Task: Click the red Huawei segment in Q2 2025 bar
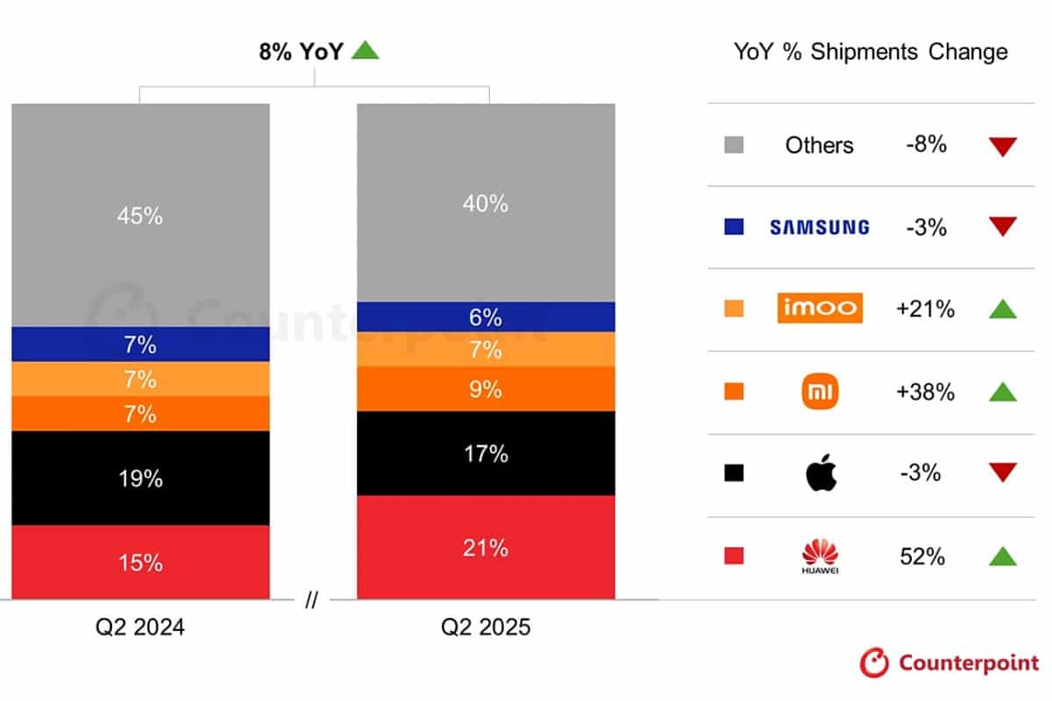click(x=485, y=548)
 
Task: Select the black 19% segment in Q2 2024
click(x=140, y=478)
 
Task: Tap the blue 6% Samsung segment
click(x=485, y=316)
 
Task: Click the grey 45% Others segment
click(x=140, y=216)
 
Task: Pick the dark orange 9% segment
click(x=485, y=388)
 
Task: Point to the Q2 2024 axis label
click(x=140, y=627)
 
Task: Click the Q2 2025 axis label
click(x=486, y=627)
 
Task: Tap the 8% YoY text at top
click(x=301, y=51)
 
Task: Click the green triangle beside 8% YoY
click(x=365, y=51)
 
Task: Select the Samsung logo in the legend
click(x=819, y=227)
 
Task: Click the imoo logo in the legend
click(x=820, y=308)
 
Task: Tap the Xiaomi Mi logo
click(x=821, y=392)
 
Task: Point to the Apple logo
click(x=821, y=473)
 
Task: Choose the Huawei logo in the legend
click(x=821, y=556)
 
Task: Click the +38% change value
click(x=925, y=392)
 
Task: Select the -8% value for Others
click(x=926, y=145)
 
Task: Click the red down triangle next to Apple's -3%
click(x=1002, y=473)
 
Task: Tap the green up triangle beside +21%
click(x=1002, y=308)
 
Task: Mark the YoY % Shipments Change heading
click(x=871, y=52)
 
